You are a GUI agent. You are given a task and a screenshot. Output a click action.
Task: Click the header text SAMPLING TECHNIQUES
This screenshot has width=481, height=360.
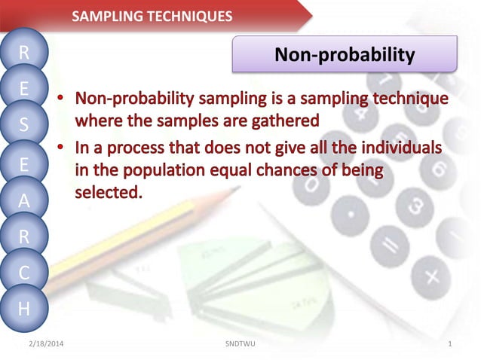152,17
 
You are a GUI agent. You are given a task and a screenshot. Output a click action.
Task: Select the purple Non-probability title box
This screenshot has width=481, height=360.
344,54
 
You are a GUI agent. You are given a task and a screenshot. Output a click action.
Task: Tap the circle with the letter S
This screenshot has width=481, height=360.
24,125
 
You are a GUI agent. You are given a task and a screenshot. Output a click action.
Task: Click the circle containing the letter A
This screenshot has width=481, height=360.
24,201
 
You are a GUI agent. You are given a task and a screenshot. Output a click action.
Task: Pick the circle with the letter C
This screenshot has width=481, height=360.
24,273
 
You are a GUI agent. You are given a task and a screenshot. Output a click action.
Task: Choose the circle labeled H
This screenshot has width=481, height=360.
24,308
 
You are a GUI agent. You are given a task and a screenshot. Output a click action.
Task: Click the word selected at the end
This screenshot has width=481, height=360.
107,192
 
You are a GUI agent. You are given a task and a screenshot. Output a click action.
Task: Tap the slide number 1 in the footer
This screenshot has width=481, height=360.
449,344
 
